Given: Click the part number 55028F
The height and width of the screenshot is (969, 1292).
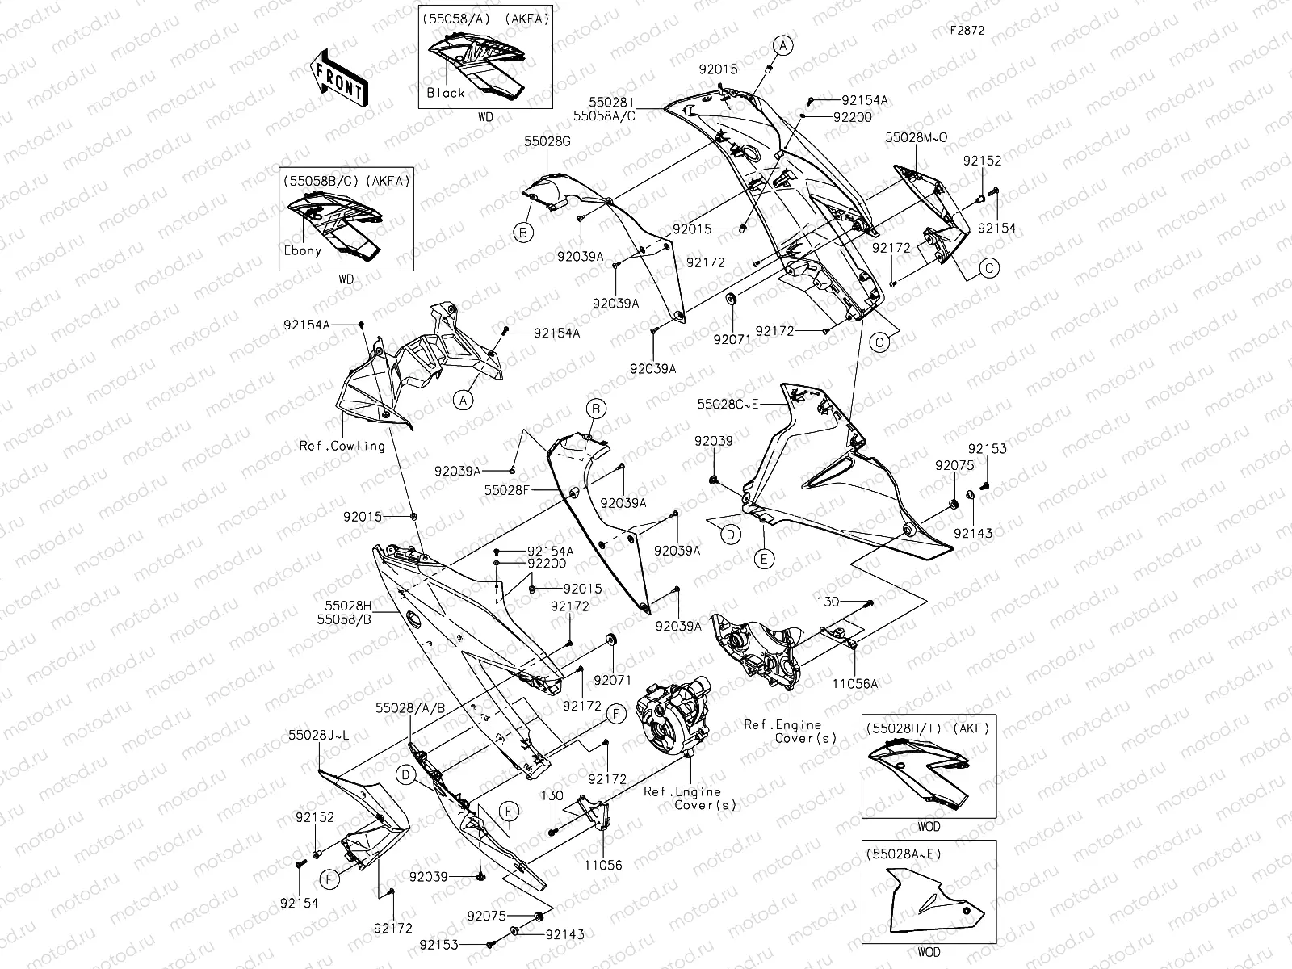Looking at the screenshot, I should click(506, 490).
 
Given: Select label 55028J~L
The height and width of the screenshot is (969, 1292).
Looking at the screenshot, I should click(318, 736).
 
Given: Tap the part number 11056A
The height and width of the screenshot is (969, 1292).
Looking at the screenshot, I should click(855, 683).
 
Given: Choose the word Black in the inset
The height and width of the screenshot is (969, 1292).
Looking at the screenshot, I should click(446, 93).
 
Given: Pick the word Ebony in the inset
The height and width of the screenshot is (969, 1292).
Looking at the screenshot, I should click(302, 250).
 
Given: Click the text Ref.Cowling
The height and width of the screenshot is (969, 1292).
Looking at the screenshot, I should click(342, 446).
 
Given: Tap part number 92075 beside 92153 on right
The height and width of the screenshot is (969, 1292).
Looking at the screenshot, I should click(954, 465).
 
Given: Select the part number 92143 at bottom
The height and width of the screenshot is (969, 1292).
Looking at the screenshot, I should click(564, 934).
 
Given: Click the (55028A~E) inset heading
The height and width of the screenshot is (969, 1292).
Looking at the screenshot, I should click(903, 853).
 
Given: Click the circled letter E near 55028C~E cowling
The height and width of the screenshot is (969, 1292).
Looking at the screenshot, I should click(764, 558).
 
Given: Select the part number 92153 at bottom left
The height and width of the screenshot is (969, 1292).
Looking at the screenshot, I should click(438, 944).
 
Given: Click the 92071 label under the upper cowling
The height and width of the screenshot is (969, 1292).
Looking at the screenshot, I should click(732, 339).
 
